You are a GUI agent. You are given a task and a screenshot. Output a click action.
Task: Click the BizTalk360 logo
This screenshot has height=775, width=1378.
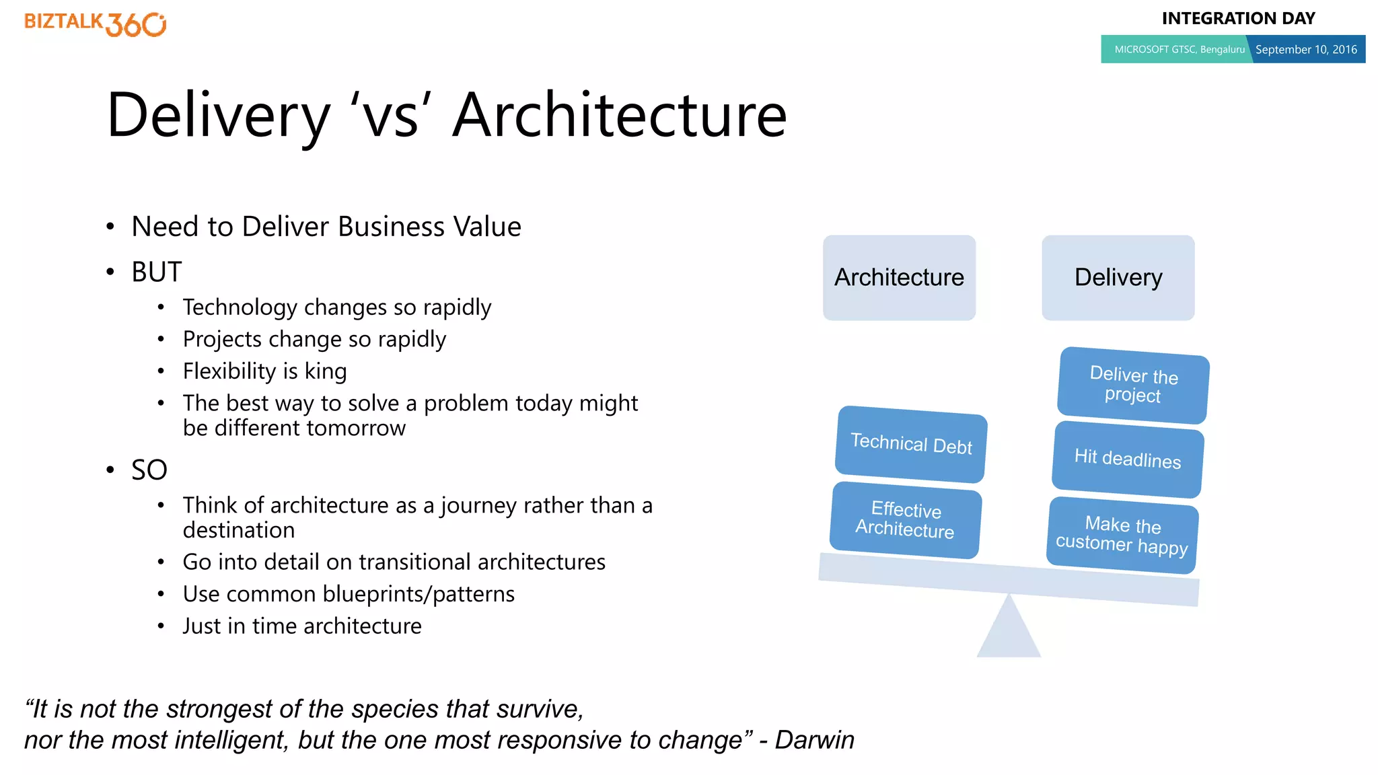click(95, 24)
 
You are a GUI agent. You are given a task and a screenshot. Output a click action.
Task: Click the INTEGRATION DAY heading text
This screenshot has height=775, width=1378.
click(1238, 18)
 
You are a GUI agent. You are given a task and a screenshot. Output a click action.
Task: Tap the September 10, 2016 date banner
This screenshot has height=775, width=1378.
click(1306, 49)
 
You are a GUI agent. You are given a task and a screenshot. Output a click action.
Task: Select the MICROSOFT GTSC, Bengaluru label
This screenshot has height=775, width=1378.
click(1179, 49)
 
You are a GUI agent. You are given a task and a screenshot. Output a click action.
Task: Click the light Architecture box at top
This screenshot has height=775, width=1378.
click(899, 277)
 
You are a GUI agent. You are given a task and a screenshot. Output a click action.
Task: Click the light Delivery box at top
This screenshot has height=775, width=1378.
click(1118, 277)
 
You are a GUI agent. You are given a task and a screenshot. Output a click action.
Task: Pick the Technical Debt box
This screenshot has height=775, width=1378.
click(911, 444)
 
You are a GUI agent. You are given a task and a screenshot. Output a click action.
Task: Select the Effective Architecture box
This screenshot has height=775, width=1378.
click(906, 519)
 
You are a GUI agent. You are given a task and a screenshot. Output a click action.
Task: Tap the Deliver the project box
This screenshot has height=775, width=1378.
click(1133, 385)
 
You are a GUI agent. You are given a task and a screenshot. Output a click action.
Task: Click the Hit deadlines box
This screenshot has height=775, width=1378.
click(1128, 459)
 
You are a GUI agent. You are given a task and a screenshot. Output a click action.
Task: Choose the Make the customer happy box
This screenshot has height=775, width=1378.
click(1122, 535)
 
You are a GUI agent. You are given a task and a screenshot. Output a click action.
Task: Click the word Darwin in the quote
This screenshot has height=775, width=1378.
click(814, 740)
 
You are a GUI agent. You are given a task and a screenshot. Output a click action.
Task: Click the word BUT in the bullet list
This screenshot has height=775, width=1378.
click(156, 272)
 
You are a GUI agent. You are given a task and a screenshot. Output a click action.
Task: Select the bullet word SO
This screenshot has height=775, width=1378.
click(149, 470)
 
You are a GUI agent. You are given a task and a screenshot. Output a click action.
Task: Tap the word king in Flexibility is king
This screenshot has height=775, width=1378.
click(326, 371)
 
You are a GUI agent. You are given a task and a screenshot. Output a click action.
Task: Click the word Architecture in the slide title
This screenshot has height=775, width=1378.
click(619, 116)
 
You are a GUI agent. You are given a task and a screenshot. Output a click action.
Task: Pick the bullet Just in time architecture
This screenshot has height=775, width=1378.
click(302, 626)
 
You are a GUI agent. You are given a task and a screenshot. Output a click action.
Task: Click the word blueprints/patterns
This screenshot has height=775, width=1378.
click(419, 595)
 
